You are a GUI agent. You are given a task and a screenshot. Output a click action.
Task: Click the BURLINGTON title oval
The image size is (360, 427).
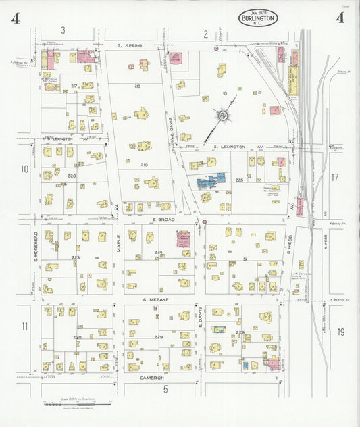pos(258,18)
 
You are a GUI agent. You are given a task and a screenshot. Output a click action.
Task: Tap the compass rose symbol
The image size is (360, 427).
pos(222,116)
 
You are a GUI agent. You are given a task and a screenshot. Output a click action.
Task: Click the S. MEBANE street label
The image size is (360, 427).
pos(155,299)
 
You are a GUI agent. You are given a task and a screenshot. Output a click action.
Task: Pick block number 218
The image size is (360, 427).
pos(137,86)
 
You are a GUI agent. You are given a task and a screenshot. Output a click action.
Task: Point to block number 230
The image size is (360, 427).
pos(77,337)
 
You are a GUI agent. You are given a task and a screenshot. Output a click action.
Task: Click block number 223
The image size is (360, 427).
pos(76,257)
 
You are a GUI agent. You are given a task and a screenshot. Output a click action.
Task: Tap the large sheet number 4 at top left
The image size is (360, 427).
pos(15,18)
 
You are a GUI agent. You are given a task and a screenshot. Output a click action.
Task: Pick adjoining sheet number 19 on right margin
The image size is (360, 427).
pos(341,331)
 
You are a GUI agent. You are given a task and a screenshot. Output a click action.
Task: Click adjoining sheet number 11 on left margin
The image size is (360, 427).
pos(25,326)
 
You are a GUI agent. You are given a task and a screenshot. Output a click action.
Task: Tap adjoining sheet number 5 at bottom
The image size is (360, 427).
pos(165,389)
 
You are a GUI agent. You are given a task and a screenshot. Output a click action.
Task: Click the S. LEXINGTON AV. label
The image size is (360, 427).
pos(236,147)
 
